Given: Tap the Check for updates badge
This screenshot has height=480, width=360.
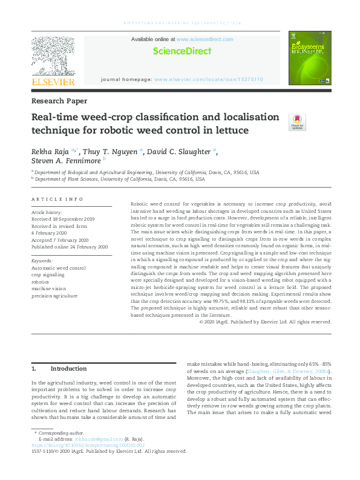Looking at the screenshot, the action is point(297,122).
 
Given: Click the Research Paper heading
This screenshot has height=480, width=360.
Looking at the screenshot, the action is point(59,101).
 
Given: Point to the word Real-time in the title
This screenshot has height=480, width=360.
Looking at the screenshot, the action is point(55,117).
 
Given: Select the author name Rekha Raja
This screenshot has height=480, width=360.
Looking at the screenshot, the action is point(50,151).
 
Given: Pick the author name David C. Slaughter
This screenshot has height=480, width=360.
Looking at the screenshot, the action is point(180,151).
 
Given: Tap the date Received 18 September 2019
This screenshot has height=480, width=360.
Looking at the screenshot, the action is point(63,219).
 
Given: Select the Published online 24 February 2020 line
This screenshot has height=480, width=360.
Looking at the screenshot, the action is point(69,247).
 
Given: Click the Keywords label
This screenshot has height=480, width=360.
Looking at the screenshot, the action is point(42,261).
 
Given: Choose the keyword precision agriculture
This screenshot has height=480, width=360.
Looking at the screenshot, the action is point(54,296).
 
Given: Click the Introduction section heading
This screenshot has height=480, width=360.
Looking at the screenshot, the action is point(68,368).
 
